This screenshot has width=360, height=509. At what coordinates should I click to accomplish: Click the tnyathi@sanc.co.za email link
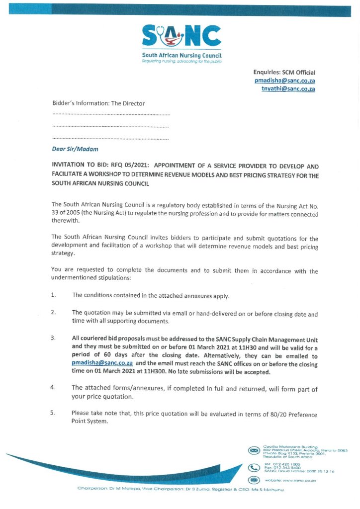click(x=288, y=89)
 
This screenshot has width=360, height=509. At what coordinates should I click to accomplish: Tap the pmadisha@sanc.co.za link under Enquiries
click(x=285, y=81)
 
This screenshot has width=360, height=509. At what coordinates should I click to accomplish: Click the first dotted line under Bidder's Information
click(x=111, y=115)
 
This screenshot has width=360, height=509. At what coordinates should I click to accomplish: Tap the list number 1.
click(x=53, y=295)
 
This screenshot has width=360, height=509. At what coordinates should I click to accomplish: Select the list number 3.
click(x=53, y=339)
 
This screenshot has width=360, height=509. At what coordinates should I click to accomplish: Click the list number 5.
click(x=53, y=413)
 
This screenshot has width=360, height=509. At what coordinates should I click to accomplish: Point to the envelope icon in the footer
click(x=254, y=450)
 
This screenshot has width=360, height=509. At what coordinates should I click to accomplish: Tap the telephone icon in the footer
click(x=254, y=468)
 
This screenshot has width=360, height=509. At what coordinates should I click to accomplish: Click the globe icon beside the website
click(x=254, y=481)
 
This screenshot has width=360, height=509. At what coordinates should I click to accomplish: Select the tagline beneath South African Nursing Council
click(x=181, y=62)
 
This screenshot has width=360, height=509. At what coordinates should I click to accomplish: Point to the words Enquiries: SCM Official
click(x=284, y=73)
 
